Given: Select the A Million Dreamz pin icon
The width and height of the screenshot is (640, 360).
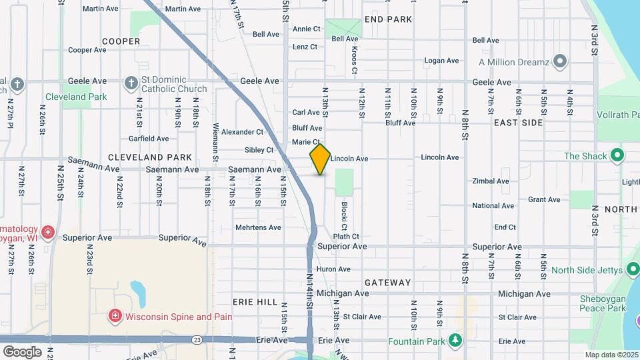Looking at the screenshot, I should point(560,62).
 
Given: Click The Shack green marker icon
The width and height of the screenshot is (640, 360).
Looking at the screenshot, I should point(617,156).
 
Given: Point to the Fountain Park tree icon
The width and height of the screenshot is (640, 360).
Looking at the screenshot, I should point(455,340).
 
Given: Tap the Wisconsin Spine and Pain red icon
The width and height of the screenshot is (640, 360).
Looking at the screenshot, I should point(115,317).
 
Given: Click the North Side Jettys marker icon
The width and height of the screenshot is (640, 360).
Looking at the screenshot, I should point(632,270).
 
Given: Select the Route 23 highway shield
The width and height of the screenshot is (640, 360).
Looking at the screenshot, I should point(197,339).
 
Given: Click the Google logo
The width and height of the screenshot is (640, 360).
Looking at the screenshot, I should point(22,351).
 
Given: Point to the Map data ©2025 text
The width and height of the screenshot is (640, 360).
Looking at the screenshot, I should point(611,355).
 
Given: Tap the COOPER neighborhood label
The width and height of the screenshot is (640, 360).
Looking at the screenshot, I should point(121,41).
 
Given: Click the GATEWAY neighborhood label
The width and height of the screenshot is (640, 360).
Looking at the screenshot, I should point(388,283).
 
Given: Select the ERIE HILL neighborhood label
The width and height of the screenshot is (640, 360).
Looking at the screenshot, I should point(255,302).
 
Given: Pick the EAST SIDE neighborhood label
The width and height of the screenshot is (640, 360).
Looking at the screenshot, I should point(518,123).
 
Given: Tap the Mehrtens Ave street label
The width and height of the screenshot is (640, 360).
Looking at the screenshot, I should point(258,227).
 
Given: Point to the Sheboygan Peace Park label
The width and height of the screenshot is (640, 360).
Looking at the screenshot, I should point(603,303).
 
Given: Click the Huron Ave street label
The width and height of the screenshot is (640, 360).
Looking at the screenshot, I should point(333,269).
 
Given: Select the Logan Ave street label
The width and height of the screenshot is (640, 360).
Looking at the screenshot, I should point(442,61).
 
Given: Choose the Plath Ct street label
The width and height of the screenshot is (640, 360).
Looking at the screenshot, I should point(346,236).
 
